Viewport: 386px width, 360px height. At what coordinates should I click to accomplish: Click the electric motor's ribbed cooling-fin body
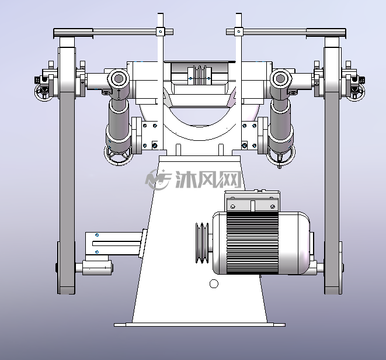[252, 243]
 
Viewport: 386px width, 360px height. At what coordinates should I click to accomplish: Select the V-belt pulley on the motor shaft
[202, 243]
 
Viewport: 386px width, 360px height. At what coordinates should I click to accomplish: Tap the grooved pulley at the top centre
[199, 75]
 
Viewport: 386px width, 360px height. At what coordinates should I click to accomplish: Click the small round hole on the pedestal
[214, 283]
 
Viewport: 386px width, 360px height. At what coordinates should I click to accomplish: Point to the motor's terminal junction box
[252, 201]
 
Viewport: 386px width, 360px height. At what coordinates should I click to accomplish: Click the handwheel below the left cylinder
[119, 155]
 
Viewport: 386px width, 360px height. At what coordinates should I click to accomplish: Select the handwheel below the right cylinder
[281, 155]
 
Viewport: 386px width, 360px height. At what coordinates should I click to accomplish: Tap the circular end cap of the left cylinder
[119, 78]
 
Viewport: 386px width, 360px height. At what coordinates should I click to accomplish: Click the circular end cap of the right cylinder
[281, 78]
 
